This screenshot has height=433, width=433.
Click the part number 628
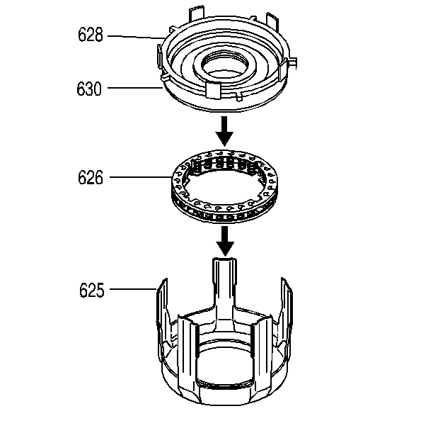click(91, 35)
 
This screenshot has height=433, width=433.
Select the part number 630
click(89, 89)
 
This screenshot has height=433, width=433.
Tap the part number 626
click(91, 177)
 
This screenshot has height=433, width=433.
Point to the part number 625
click(92, 290)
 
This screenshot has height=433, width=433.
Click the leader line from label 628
click(136, 37)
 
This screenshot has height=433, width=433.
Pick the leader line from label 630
click(134, 88)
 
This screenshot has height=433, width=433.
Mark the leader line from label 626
click(141, 177)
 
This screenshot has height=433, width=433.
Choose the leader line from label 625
click(133, 289)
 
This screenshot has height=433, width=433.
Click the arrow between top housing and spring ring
click(224, 131)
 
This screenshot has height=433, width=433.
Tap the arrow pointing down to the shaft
click(225, 241)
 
